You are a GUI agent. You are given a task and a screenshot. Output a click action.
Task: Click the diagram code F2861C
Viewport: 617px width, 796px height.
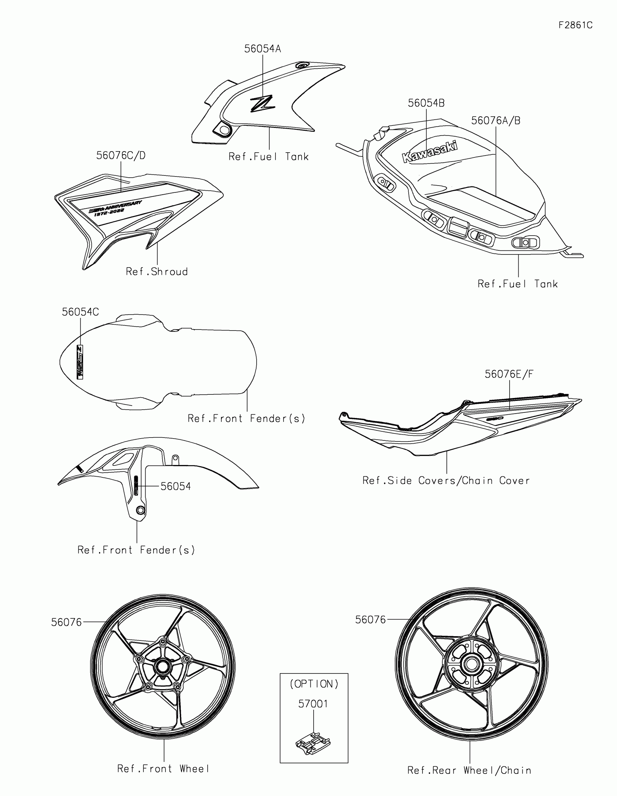575,25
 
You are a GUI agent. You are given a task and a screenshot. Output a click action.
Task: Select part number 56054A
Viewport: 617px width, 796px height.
262,49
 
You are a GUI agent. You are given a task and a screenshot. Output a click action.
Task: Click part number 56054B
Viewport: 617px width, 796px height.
426,103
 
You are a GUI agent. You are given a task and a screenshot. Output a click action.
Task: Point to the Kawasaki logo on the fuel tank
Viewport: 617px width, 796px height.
429,152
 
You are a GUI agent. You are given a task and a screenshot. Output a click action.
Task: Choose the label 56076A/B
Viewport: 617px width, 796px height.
495,121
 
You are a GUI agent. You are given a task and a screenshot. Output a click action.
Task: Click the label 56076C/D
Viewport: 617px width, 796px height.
121,156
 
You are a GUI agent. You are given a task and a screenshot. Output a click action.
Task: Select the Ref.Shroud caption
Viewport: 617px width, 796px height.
156,271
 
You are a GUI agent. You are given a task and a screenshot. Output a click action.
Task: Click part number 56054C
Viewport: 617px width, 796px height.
80,312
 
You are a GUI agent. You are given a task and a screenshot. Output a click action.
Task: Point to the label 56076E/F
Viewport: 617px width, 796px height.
509,374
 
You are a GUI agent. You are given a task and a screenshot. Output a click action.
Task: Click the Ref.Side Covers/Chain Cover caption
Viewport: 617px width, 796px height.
446,481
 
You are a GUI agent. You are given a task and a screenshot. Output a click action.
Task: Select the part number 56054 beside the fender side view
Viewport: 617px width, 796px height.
176,486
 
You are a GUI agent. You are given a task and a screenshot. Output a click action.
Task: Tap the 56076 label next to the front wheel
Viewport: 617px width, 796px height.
66,622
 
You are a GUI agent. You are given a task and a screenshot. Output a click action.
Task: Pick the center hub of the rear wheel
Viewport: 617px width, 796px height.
471,664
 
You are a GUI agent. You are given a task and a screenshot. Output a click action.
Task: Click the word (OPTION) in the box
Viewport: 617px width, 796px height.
314,684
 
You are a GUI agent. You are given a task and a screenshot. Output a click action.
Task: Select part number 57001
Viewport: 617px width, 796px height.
313,704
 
